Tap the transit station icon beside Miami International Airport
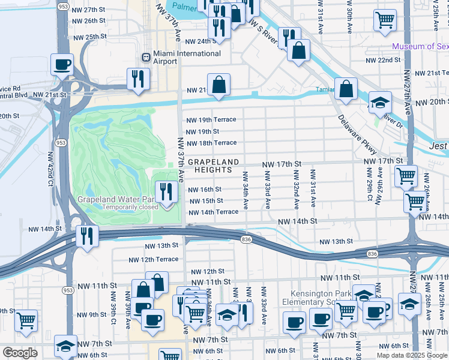(x=145, y=57)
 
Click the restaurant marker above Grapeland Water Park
(x=166, y=191)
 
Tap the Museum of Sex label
(x=420, y=47)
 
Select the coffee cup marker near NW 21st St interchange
(x=62, y=65)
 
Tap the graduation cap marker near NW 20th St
(x=379, y=103)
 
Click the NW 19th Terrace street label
(x=210, y=119)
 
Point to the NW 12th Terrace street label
(x=153, y=259)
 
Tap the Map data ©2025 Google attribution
(x=411, y=355)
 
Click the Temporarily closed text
(x=130, y=208)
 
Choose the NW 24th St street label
(x=200, y=41)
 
